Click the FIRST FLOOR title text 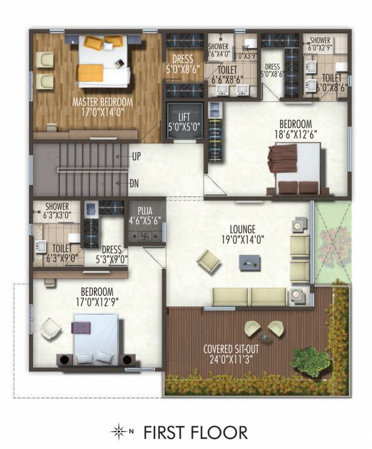(x=195, y=433)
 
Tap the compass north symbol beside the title (x=119, y=433)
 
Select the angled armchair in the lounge (x=208, y=262)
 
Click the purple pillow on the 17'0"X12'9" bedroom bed (x=80, y=326)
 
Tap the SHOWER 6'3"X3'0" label (x=57, y=210)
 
